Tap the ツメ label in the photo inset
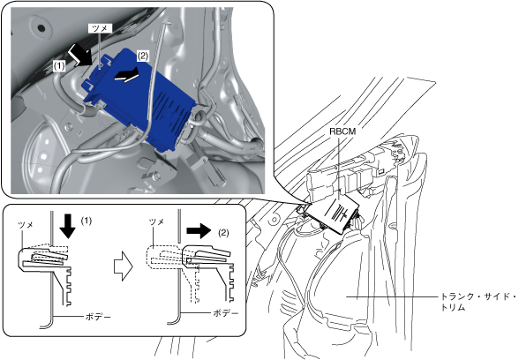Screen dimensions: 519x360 point(100,28)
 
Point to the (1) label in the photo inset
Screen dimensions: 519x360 point(59,66)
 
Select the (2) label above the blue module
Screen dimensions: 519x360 point(143,56)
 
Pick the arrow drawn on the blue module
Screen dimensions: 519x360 point(126,74)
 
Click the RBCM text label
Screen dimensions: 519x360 point(342,131)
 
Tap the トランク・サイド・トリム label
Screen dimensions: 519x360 point(478,302)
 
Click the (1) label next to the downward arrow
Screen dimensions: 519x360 point(86,221)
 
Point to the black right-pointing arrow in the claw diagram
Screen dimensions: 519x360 point(199,230)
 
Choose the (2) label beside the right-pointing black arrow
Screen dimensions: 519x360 point(223,233)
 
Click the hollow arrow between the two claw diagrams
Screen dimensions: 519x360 point(124,266)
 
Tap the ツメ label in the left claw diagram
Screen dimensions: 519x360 point(26,225)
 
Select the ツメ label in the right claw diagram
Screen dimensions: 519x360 point(157,221)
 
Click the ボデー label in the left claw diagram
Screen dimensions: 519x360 point(98,317)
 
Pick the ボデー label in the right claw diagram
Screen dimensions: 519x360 point(226,313)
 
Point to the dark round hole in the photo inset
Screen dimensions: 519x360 point(41,28)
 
